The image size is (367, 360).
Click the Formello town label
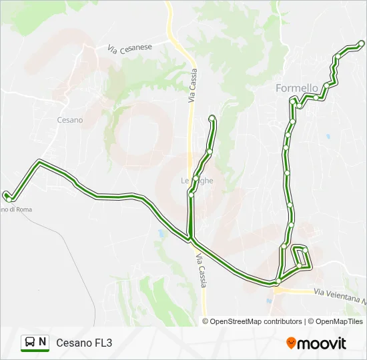(297, 88)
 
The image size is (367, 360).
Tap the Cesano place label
(69, 120)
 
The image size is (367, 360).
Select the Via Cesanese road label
(130, 48)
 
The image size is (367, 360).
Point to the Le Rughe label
(197, 181)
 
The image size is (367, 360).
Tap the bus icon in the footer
(30, 343)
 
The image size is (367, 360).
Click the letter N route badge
(43, 342)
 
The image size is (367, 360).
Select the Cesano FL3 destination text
(84, 343)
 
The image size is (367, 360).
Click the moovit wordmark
(322, 343)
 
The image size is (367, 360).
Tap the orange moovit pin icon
(291, 343)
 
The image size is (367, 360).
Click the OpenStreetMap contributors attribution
(252, 321)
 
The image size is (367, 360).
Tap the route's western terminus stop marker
(6, 195)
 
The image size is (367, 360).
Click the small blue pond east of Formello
(328, 136)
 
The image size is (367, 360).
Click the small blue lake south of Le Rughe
(162, 234)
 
